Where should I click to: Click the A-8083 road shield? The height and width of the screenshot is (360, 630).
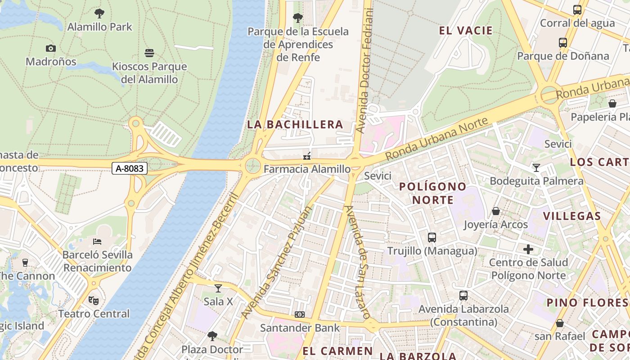pyautogui.click(x=130, y=168)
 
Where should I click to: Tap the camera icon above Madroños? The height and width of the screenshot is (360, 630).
pyautogui.click(x=50, y=48)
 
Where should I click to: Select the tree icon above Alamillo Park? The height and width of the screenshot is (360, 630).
pyautogui.click(x=99, y=13)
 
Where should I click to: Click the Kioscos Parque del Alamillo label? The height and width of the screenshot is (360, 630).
pyautogui.click(x=149, y=73)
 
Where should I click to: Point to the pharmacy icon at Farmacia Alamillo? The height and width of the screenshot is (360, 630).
pyautogui.click(x=307, y=156)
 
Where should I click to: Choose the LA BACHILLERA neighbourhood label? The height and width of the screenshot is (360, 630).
pyautogui.click(x=295, y=125)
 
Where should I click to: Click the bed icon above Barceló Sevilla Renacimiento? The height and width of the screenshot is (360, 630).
pyautogui.click(x=97, y=242)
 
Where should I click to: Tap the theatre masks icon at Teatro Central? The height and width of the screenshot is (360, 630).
pyautogui.click(x=93, y=300)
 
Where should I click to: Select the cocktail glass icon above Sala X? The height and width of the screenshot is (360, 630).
pyautogui.click(x=218, y=288)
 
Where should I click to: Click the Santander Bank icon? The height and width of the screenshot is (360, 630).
pyautogui.click(x=300, y=315)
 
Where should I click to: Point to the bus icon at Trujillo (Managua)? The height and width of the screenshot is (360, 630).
pyautogui.click(x=432, y=237)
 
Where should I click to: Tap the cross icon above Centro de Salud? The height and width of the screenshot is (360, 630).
pyautogui.click(x=528, y=249)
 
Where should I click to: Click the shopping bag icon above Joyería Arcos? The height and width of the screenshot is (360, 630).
pyautogui.click(x=495, y=211)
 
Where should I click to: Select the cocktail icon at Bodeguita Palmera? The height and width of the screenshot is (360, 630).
pyautogui.click(x=536, y=168)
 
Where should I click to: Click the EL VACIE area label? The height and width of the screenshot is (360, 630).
pyautogui.click(x=466, y=31)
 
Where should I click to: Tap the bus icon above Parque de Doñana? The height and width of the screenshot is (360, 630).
pyautogui.click(x=562, y=43)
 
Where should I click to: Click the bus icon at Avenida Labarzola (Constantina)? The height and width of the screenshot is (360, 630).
pyautogui.click(x=463, y=296)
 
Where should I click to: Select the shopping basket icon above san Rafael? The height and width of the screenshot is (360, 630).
pyautogui.click(x=560, y=323)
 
